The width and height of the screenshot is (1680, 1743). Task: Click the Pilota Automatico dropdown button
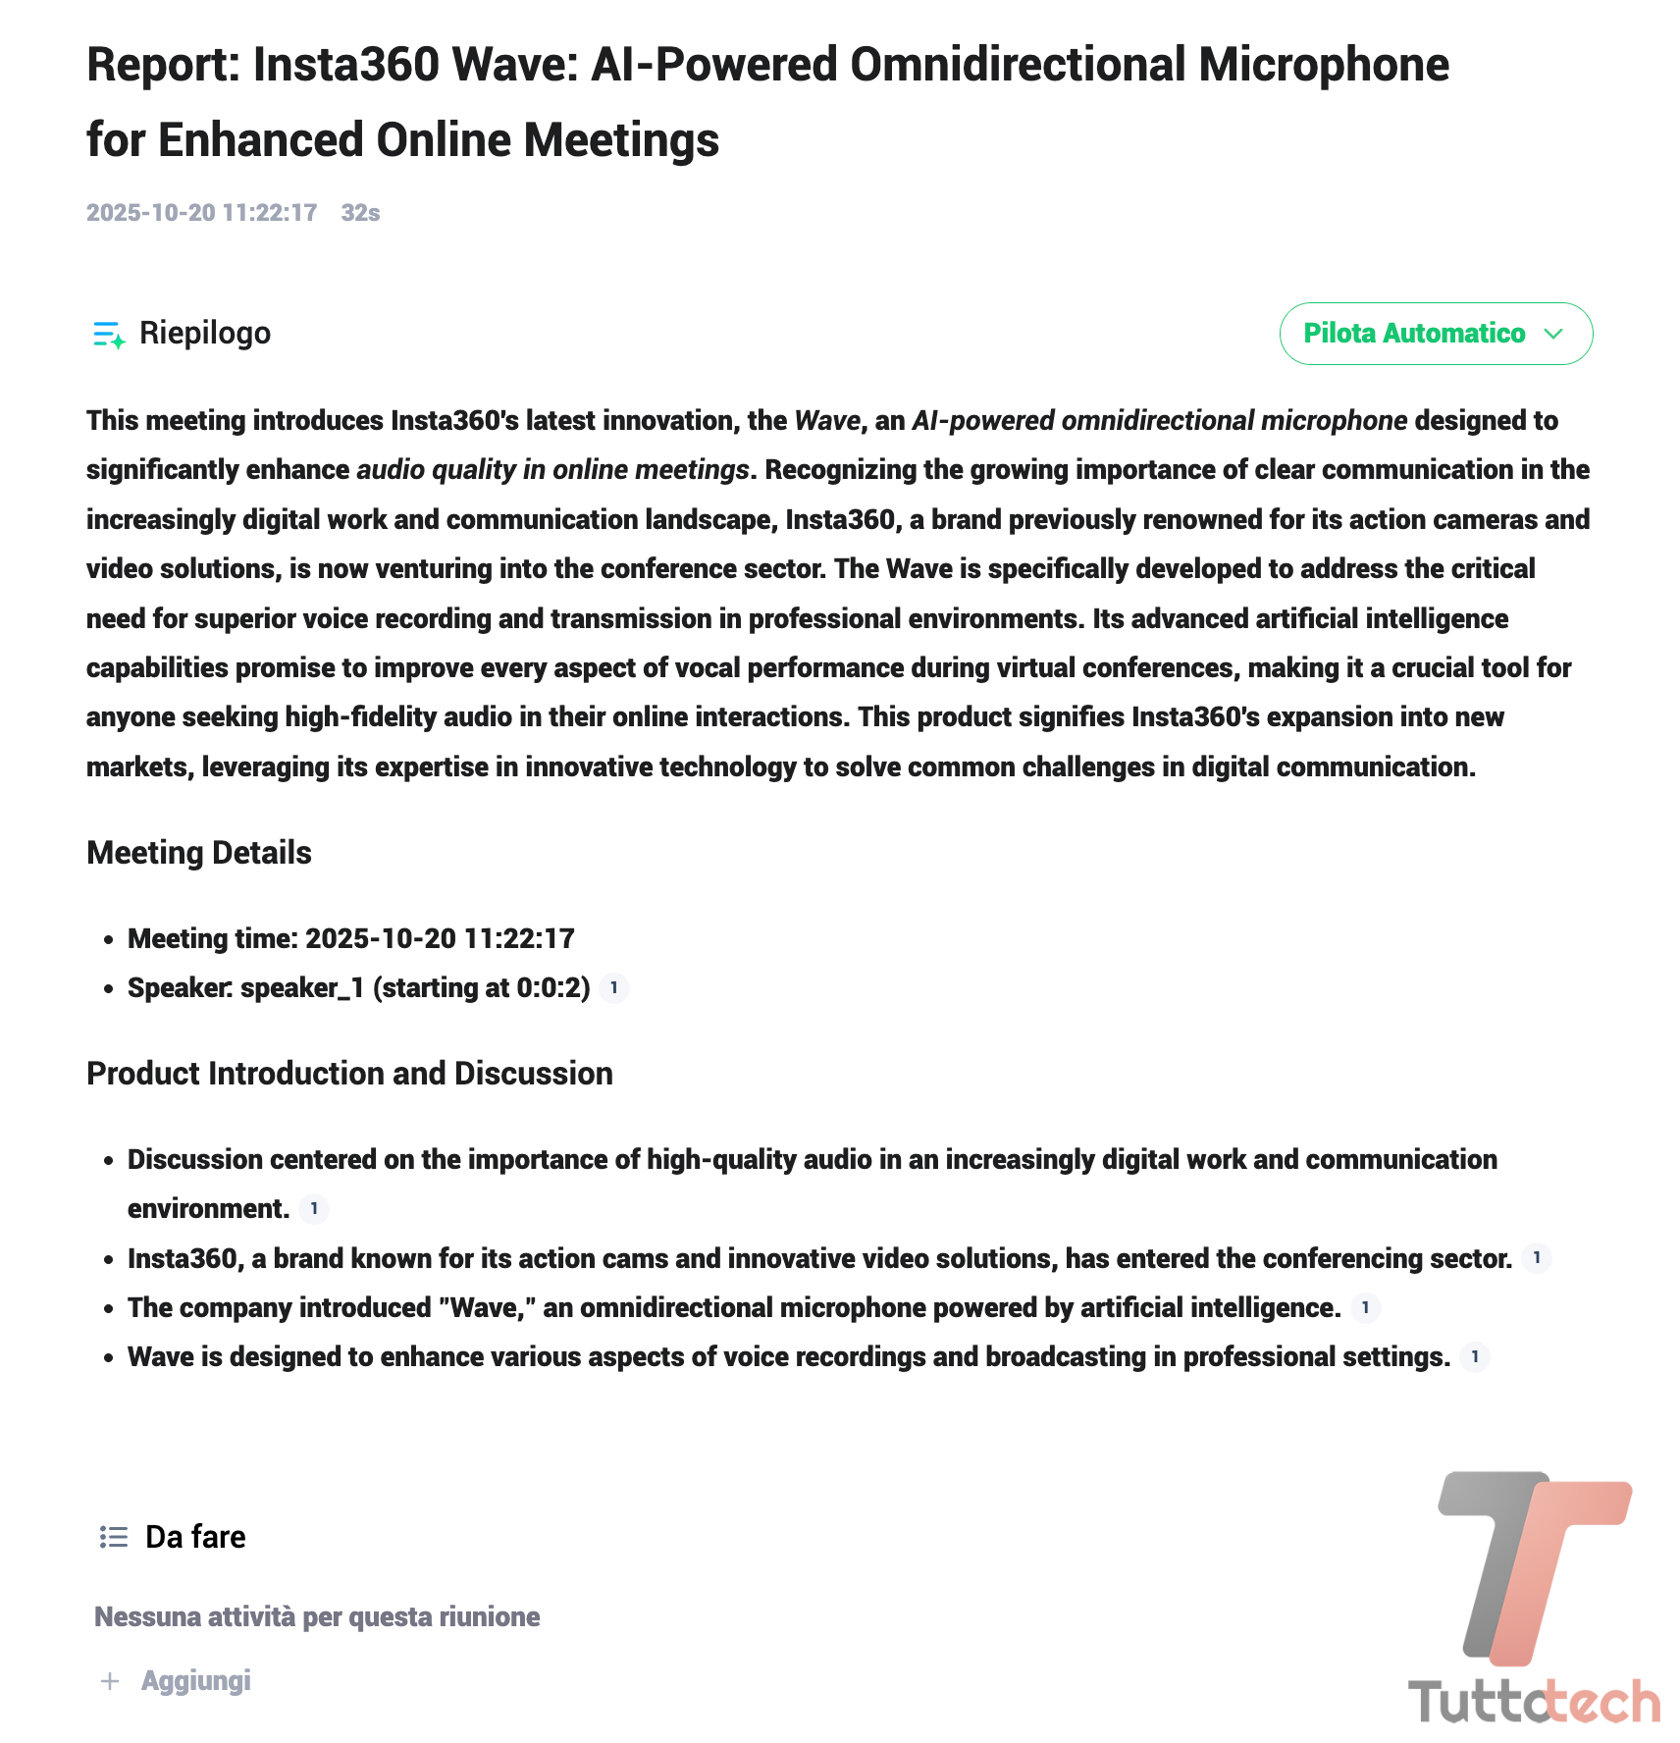(x=1435, y=334)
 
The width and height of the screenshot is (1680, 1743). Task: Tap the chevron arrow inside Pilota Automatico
(x=1553, y=334)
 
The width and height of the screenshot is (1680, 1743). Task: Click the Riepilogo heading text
(x=204, y=334)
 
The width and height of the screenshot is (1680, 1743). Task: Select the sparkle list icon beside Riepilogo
(x=108, y=335)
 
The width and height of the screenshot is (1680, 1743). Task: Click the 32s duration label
(x=360, y=213)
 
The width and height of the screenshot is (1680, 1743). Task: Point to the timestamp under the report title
(x=201, y=213)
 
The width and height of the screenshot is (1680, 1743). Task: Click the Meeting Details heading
(x=199, y=853)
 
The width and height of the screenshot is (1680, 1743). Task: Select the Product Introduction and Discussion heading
(x=349, y=1074)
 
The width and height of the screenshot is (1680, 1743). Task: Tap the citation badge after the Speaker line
(x=614, y=987)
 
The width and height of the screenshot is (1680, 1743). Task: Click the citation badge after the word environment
(x=314, y=1208)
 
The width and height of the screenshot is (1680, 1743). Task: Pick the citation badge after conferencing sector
(x=1537, y=1257)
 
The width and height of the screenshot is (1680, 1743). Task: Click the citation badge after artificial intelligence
(x=1365, y=1307)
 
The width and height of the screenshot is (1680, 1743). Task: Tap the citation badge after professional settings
(x=1474, y=1356)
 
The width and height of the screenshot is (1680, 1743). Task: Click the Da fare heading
(x=195, y=1537)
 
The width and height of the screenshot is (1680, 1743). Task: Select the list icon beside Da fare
(x=114, y=1537)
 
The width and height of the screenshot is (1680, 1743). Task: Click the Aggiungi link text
(x=196, y=1681)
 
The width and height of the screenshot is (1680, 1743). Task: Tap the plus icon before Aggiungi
(x=110, y=1681)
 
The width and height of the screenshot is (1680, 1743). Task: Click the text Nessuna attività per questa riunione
(x=317, y=1617)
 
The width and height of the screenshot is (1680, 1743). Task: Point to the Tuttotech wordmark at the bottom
(x=1534, y=1701)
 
